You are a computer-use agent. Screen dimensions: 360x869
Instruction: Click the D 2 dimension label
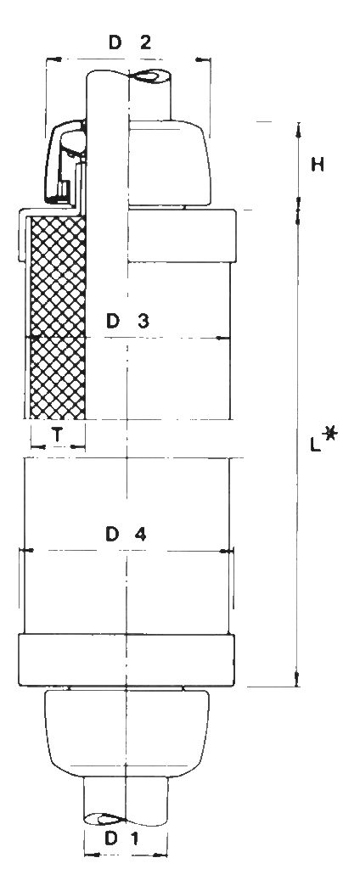[x=129, y=42]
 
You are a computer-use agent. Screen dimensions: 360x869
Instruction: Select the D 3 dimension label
[x=127, y=321]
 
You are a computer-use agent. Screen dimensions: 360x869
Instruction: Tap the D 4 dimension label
[x=127, y=535]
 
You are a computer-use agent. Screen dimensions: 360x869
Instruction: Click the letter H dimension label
[x=318, y=165]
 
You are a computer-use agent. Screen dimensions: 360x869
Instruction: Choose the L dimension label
[x=316, y=443]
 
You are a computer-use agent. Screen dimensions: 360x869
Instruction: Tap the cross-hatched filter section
[x=57, y=317]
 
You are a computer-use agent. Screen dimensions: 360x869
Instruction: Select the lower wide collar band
[x=127, y=660]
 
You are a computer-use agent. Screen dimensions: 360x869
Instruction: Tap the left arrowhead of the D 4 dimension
[x=26, y=550]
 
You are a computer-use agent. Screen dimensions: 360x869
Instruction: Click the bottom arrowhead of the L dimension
[x=297, y=680]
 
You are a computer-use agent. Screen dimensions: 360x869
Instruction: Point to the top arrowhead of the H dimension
[x=298, y=129]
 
